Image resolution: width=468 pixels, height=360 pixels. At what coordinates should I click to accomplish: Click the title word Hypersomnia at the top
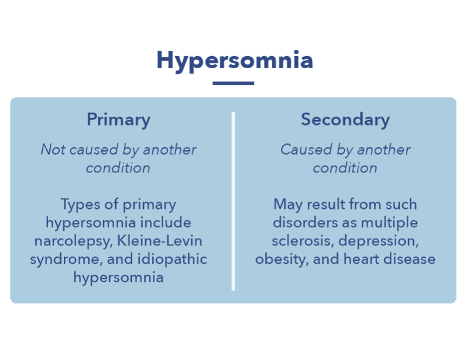point(235,61)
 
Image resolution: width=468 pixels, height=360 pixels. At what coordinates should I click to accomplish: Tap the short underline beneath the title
point(233,83)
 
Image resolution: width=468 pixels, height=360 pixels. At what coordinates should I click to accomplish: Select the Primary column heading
point(118,119)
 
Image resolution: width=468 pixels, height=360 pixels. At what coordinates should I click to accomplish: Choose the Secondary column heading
point(345,119)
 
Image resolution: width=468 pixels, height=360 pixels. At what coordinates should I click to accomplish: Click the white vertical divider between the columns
point(233,201)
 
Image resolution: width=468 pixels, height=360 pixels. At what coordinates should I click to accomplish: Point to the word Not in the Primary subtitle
point(52,149)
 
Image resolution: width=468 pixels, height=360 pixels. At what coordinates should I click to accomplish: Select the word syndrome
point(60,259)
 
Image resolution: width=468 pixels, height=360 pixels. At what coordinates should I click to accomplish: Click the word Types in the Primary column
point(79,204)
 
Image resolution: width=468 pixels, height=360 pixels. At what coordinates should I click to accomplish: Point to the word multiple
point(389,222)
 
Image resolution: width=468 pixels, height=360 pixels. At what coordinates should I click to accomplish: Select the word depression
point(379,241)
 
